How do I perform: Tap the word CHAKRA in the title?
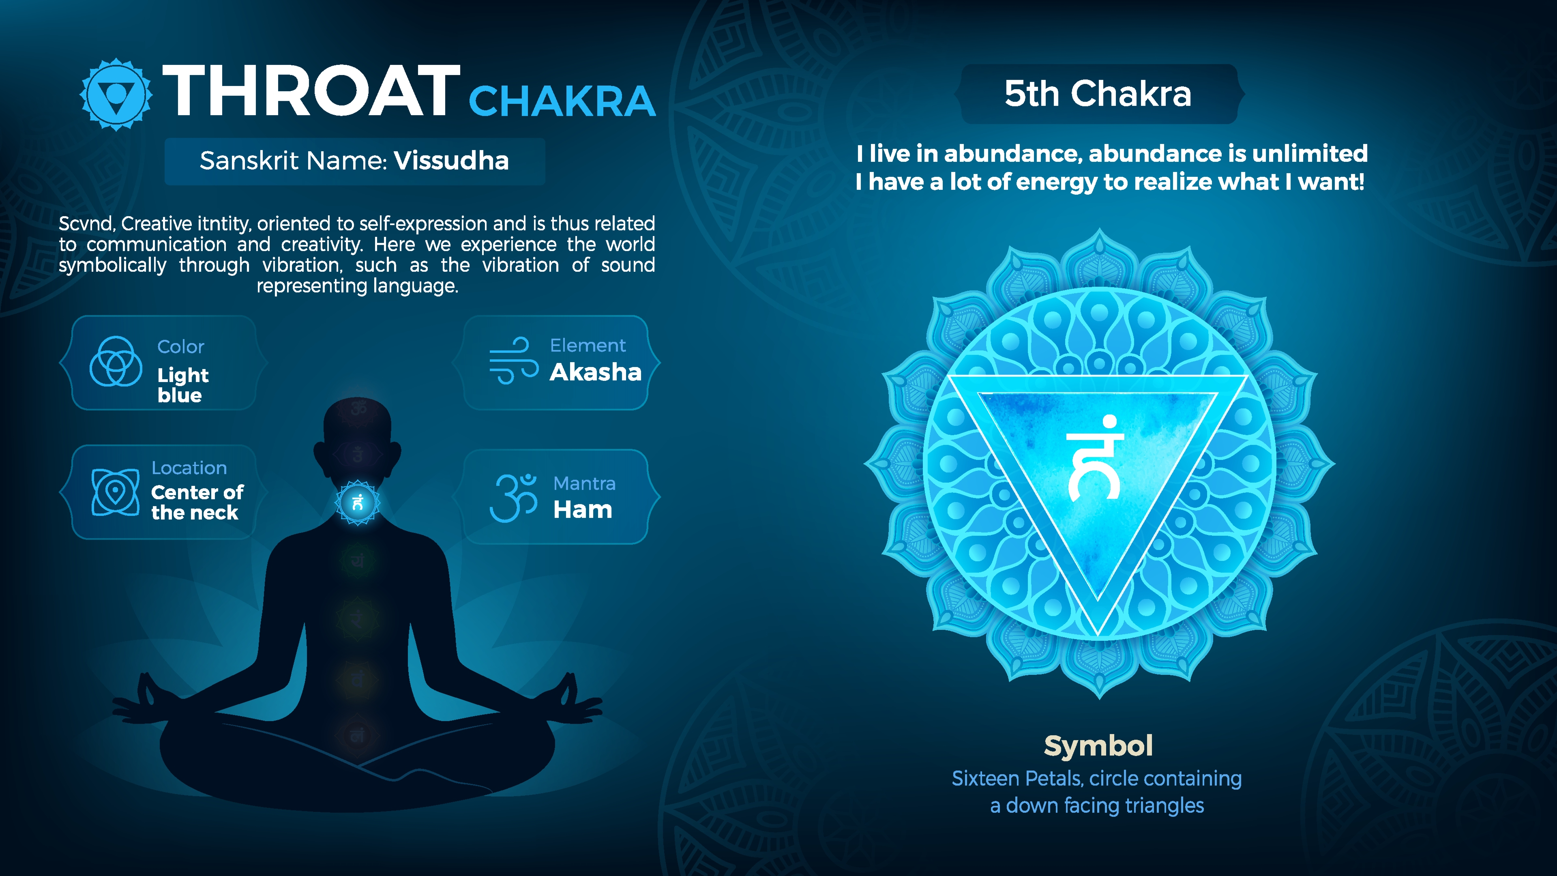[562, 101]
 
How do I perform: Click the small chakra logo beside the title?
[116, 94]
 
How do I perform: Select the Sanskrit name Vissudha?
[451, 161]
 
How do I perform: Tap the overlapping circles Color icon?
[116, 361]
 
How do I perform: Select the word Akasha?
[595, 372]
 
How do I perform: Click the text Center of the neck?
[197, 502]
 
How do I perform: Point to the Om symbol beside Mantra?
[513, 498]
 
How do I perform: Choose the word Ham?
[583, 510]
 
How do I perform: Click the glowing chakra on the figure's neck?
[358, 502]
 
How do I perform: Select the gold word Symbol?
[1098, 746]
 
